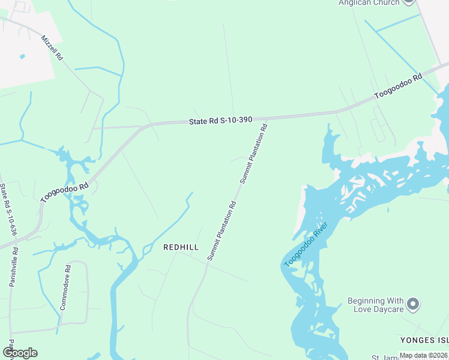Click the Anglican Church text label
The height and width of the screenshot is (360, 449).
369,3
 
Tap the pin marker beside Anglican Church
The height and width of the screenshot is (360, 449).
409,2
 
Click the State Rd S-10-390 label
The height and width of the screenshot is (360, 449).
220,121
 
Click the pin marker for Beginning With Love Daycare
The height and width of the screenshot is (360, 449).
412,304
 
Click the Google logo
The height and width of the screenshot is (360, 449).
19,353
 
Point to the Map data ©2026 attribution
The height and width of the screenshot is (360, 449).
423,355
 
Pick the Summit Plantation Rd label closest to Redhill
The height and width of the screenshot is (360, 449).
221,230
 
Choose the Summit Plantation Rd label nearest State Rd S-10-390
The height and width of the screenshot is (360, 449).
253,154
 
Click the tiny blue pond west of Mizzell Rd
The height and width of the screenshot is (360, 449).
22,56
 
